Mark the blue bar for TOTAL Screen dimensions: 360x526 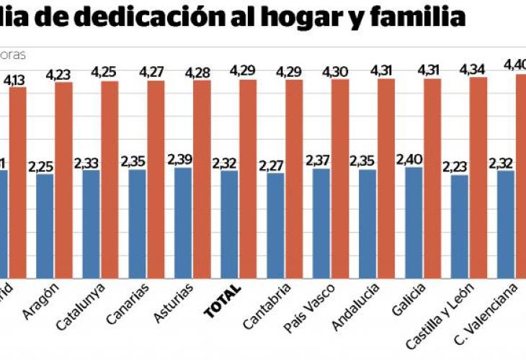(x=229, y=223)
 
